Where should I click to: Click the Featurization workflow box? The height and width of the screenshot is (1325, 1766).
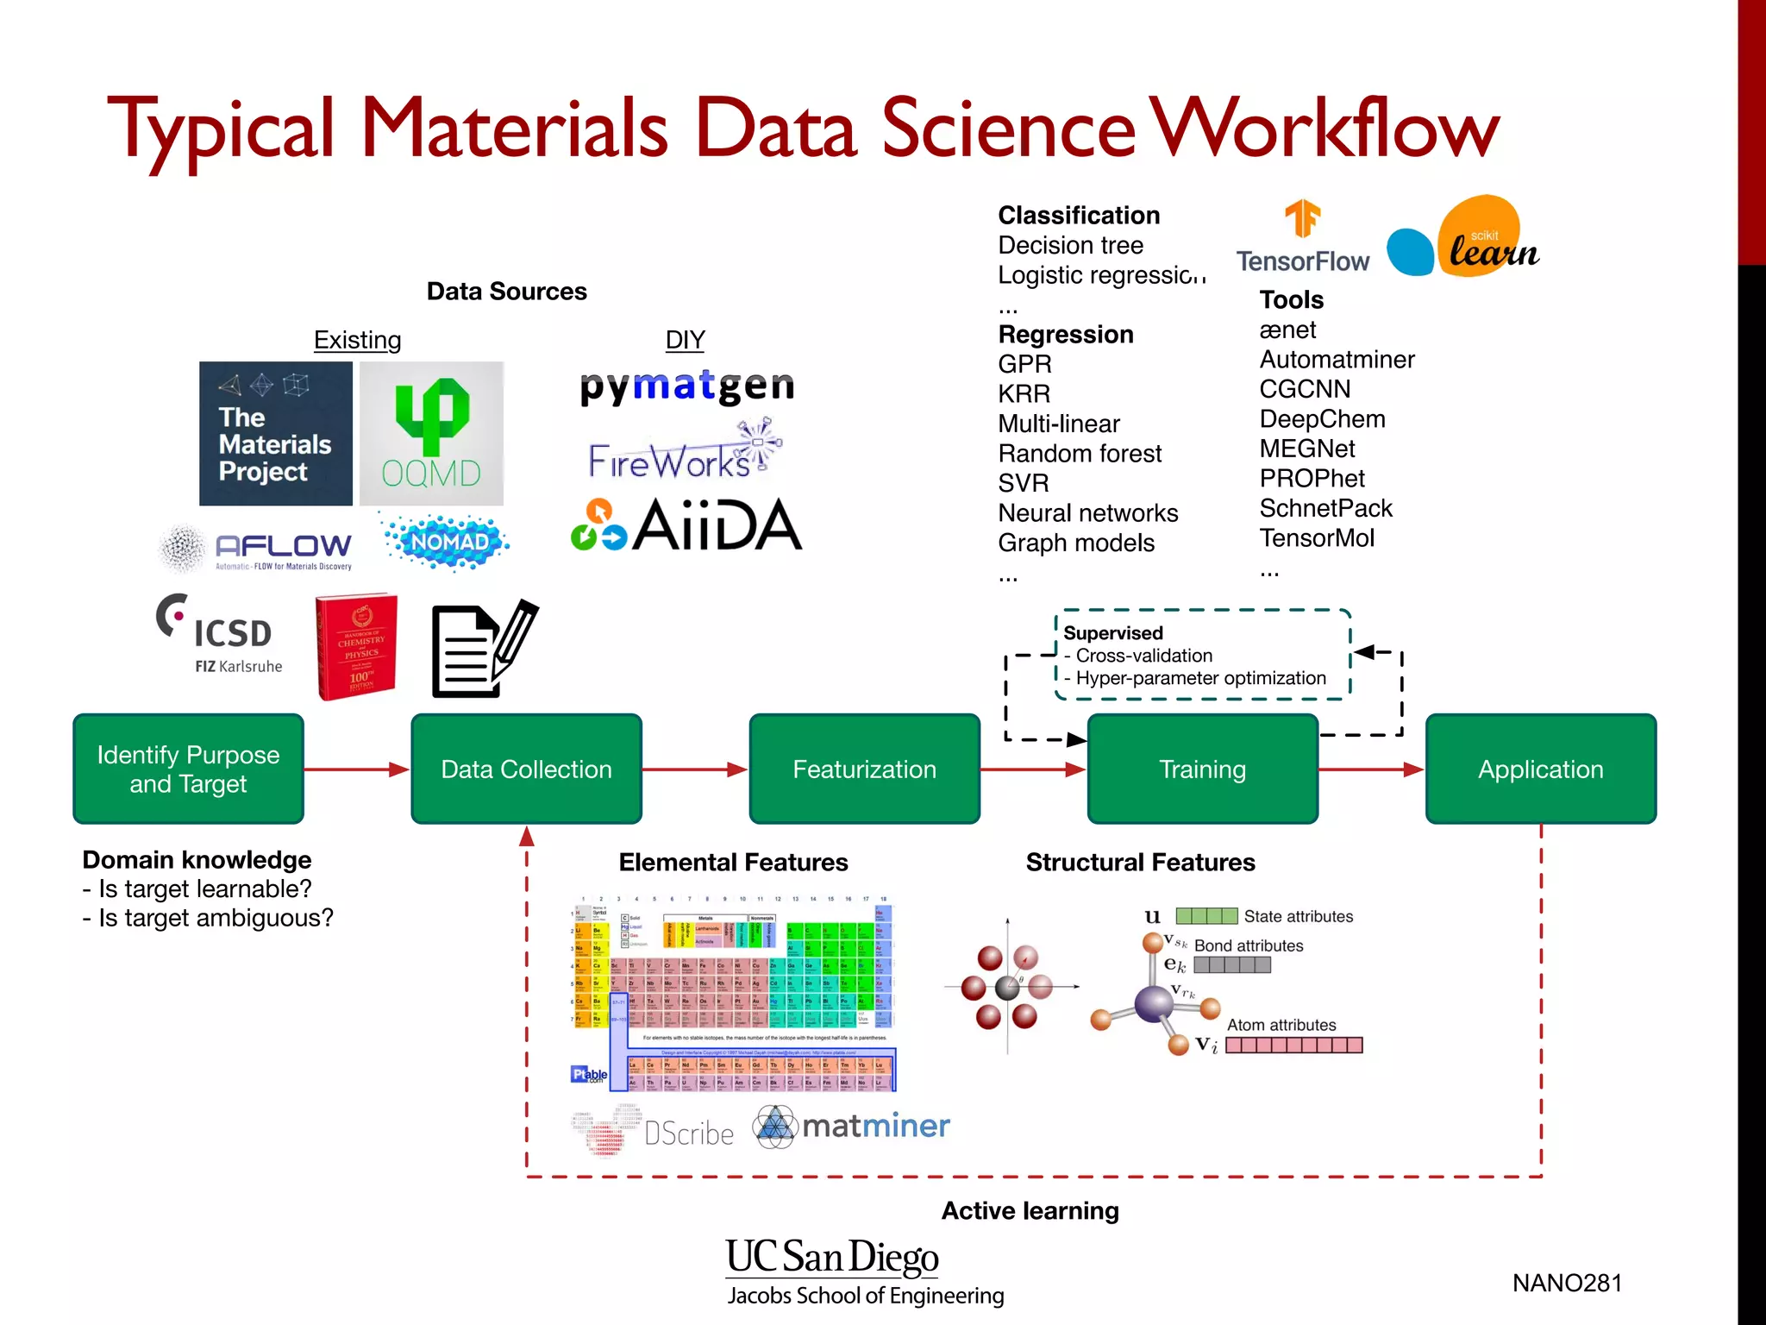point(864,769)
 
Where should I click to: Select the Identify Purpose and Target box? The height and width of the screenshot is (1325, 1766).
point(188,769)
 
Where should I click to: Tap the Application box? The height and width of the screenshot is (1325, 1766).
point(1540,769)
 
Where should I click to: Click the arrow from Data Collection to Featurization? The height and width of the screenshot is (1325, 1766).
point(695,769)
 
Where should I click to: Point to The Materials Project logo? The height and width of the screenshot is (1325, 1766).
point(275,433)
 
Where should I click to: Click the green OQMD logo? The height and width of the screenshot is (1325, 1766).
point(431,433)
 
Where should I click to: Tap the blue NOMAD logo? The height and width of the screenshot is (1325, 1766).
point(447,542)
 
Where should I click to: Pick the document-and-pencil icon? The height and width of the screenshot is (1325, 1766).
point(483,649)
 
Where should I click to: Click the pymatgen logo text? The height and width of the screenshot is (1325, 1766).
point(686,387)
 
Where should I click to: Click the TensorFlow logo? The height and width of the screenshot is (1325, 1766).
point(1302,237)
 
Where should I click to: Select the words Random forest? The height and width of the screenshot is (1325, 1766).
point(1080,453)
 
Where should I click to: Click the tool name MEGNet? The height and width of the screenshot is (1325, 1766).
point(1306,449)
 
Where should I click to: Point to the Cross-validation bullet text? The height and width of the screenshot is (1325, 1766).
point(1143,656)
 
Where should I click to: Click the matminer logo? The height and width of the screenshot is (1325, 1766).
point(852,1126)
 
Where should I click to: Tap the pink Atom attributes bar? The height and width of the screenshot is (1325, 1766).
point(1293,1046)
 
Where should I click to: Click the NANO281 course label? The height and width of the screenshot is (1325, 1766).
point(1567,1283)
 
